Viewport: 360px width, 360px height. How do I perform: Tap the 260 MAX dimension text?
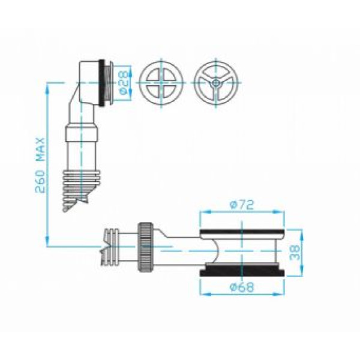(x=40, y=166)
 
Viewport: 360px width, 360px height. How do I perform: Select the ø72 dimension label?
(x=242, y=205)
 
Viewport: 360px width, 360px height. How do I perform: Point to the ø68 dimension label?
(x=242, y=287)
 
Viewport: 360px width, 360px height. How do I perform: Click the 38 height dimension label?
(x=295, y=253)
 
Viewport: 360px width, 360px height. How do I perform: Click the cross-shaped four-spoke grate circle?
(x=161, y=83)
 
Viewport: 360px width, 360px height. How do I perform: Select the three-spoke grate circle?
(x=216, y=83)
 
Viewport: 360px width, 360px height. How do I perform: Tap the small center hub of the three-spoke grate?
(x=216, y=83)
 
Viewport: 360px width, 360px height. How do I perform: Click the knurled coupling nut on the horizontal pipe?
(x=145, y=247)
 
